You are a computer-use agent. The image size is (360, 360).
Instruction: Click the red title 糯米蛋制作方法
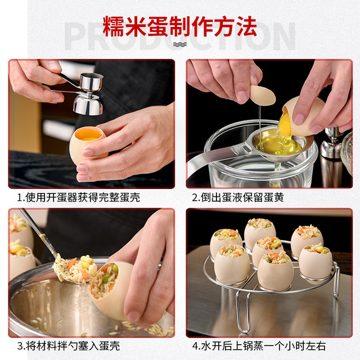pyautogui.click(x=180, y=26)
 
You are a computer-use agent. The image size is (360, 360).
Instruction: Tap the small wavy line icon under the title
pyautogui.click(x=180, y=44)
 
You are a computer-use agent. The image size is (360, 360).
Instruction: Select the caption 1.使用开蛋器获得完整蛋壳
pyautogui.click(x=79, y=197)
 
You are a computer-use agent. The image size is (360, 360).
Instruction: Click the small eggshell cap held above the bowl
pyautogui.click(x=263, y=96)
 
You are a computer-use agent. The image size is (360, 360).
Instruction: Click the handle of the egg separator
pyautogui.click(x=214, y=159)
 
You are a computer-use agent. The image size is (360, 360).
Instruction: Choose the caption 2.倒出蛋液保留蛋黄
pyautogui.click(x=238, y=197)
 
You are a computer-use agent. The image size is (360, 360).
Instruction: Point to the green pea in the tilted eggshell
pyautogui.click(x=115, y=269)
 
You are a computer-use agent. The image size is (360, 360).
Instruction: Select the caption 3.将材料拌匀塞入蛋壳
pyautogui.click(x=69, y=346)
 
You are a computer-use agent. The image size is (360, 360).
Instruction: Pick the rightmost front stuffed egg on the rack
pyautogui.click(x=316, y=263)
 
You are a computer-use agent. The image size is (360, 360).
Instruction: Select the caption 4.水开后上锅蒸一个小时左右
pyautogui.click(x=259, y=346)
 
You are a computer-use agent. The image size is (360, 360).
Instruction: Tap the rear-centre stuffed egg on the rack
pyautogui.click(x=259, y=231)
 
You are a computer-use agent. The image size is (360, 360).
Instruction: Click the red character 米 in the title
pyautogui.click(x=136, y=26)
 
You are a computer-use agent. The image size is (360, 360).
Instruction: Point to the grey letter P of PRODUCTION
pyautogui.click(x=75, y=36)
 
